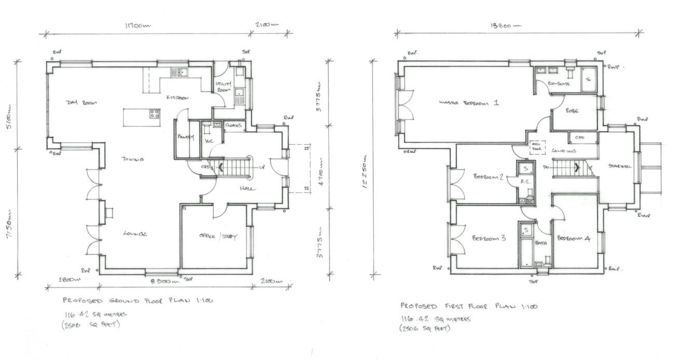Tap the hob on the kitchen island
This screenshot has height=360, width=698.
(x=155, y=113)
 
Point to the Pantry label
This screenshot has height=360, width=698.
(x=186, y=137)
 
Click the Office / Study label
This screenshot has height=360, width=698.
(x=218, y=237)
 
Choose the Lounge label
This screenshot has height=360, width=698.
(x=135, y=234)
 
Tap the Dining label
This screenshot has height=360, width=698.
(x=133, y=159)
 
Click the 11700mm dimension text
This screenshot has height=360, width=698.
(x=138, y=24)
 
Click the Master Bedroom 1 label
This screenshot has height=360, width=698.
(x=468, y=103)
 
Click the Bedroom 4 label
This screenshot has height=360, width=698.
(x=573, y=239)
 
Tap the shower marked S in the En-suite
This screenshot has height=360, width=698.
(x=588, y=79)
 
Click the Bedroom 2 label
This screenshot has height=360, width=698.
(x=488, y=176)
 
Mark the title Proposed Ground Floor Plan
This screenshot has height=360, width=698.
(x=138, y=300)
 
